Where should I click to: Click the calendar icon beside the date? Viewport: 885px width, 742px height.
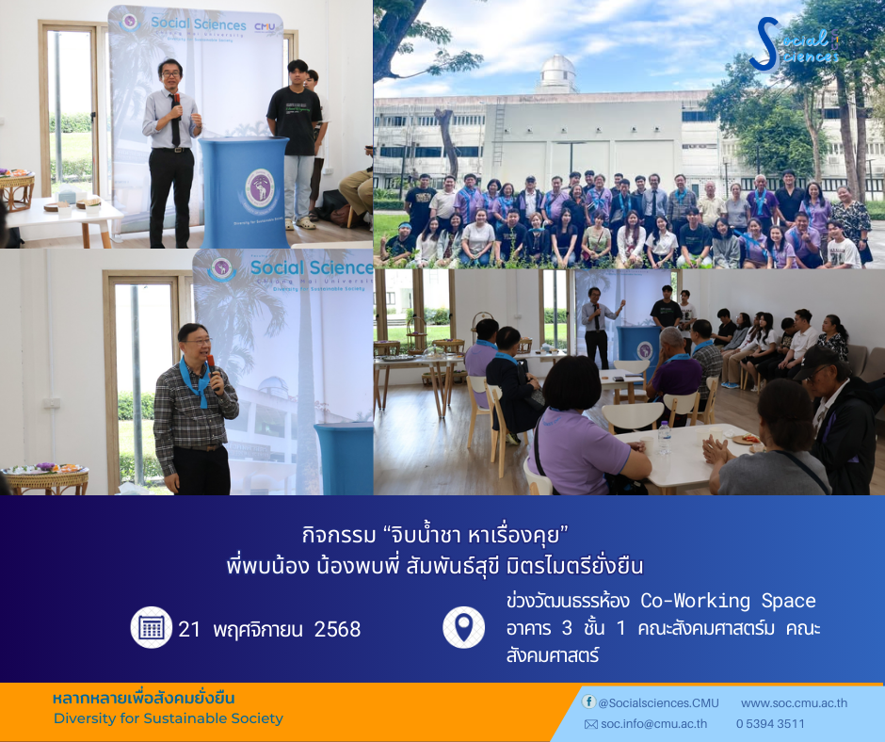pyautogui.click(x=152, y=627)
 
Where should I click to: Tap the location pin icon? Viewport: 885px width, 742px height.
pyautogui.click(x=463, y=627)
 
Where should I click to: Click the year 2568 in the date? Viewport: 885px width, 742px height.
pyautogui.click(x=337, y=629)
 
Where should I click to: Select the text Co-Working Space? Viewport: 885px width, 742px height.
pyautogui.click(x=728, y=601)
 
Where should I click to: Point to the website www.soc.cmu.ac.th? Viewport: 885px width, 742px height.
pyautogui.click(x=794, y=703)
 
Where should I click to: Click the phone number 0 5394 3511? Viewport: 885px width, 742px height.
pyautogui.click(x=770, y=724)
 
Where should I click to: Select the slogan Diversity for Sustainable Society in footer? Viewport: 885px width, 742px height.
pyautogui.click(x=169, y=718)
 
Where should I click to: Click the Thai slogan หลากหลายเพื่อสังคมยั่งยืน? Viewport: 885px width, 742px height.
pyautogui.click(x=143, y=698)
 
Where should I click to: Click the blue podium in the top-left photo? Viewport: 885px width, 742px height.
pyautogui.click(x=244, y=192)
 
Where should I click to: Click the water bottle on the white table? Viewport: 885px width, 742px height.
pyautogui.click(x=665, y=437)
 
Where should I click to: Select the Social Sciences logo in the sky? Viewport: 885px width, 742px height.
pyautogui.click(x=795, y=44)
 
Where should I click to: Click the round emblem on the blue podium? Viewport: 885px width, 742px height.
pyautogui.click(x=260, y=189)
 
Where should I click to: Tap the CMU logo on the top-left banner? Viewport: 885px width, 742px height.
pyautogui.click(x=265, y=26)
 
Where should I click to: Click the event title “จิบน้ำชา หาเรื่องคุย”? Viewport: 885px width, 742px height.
pyautogui.click(x=435, y=534)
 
